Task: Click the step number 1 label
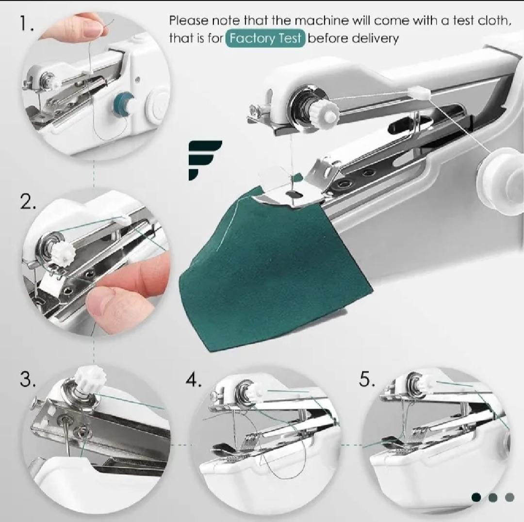26,24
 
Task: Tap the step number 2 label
28,201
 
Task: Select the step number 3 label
28,379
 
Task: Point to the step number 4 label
194,379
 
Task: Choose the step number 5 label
367,379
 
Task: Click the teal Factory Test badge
265,38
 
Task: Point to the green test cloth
274,267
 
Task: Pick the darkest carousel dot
476,498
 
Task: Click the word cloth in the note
494,21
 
